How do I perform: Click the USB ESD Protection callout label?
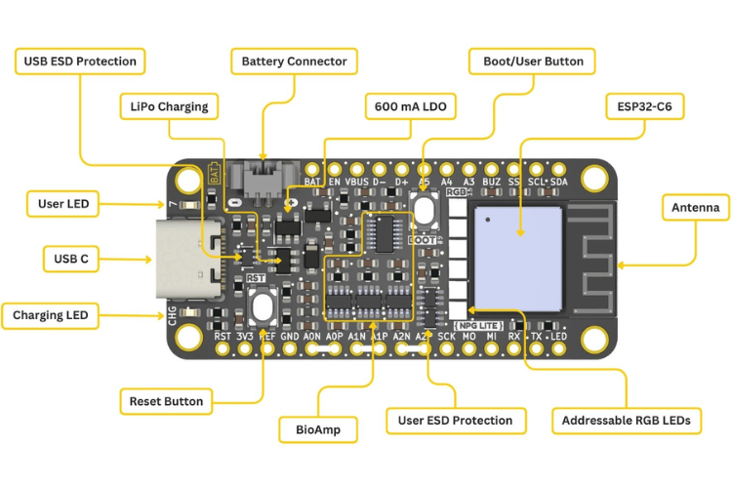tap(80, 61)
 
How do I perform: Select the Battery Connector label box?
tap(294, 61)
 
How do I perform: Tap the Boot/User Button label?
tap(534, 61)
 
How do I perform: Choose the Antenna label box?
tap(696, 208)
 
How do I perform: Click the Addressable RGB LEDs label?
tap(626, 421)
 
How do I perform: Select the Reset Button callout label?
tap(167, 401)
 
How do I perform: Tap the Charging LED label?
tap(50, 315)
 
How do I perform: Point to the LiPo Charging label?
tap(169, 106)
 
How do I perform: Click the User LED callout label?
tap(63, 204)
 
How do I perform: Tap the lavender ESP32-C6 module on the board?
tap(518, 251)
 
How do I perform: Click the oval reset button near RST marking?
tap(262, 308)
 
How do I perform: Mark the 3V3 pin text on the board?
tap(245, 337)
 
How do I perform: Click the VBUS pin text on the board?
tap(357, 182)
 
